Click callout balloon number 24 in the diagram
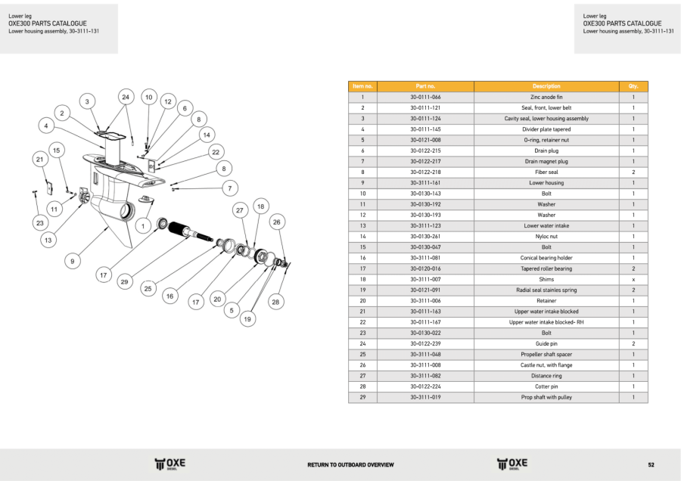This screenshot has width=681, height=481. tap(126, 97)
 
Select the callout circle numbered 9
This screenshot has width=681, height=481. tap(73, 261)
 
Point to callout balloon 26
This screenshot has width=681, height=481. tap(277, 222)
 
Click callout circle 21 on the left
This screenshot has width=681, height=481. tap(39, 160)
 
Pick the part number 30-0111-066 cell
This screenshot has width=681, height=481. tap(424, 98)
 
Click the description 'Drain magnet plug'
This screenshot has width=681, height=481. tap(546, 161)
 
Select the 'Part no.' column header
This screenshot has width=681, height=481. tap(425, 86)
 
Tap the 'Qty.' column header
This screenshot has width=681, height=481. tap(633, 86)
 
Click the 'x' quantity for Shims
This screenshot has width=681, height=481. tap(633, 279)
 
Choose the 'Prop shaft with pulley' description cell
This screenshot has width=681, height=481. tap(546, 397)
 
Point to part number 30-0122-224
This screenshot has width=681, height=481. tap(424, 386)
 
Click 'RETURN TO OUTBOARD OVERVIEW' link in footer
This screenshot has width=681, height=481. tap(350, 464)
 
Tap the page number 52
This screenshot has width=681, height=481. tap(651, 464)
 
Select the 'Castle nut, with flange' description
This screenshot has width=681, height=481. tap(546, 365)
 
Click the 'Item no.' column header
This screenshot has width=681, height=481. tap(362, 86)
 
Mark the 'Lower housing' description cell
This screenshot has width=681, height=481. tap(546, 182)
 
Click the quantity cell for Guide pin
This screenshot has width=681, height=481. tap(633, 343)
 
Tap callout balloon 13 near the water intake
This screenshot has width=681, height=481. tap(48, 240)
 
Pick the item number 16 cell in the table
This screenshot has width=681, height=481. tap(362, 258)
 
